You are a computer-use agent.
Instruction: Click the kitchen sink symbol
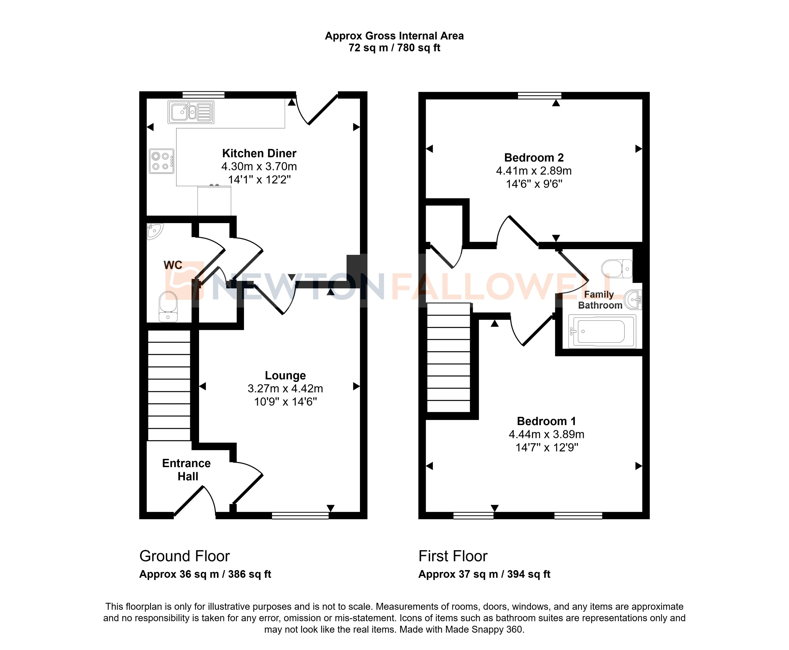tap(191, 112)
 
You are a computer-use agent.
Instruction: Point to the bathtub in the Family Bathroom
tap(602, 331)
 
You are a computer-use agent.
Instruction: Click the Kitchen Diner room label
tap(259, 153)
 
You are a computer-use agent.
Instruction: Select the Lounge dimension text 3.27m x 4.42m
tap(285, 389)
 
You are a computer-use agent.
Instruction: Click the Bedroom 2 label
tap(534, 158)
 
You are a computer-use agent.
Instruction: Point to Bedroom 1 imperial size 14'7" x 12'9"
tap(546, 448)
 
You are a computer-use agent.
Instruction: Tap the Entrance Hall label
tap(186, 469)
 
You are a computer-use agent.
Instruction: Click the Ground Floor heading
tap(185, 556)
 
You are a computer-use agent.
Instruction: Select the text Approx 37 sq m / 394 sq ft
tap(484, 574)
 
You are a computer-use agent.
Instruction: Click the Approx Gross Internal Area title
tap(394, 36)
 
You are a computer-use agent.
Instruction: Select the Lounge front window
tap(300, 516)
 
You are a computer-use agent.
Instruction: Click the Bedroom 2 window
tap(539, 95)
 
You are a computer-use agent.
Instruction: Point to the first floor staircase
tap(448, 358)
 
